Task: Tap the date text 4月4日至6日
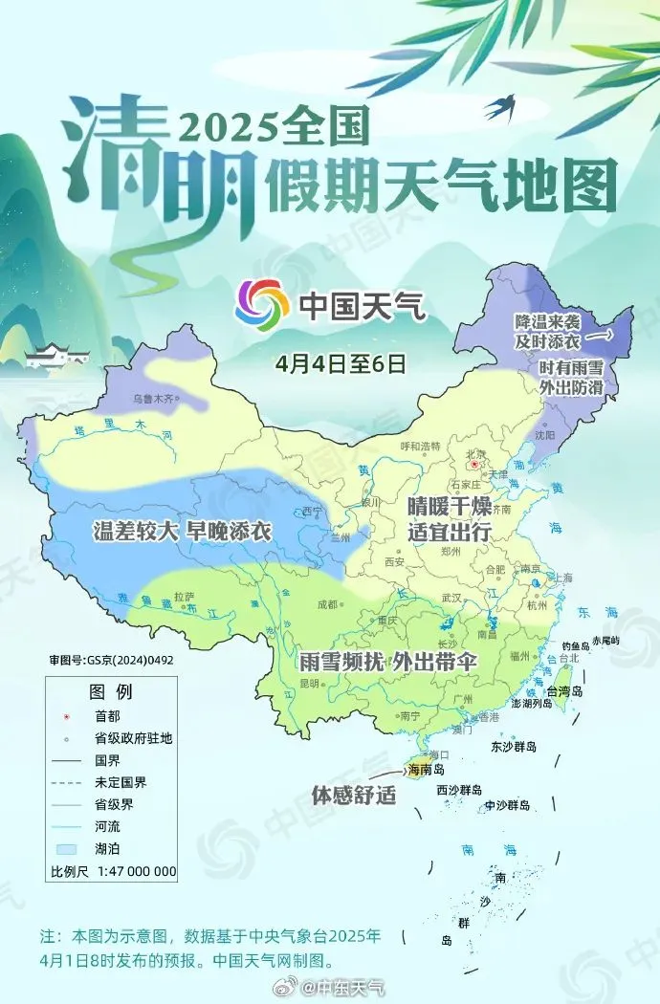tap(341, 363)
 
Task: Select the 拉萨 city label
tap(184, 596)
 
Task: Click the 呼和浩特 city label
tap(420, 446)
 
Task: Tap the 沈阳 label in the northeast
tap(544, 434)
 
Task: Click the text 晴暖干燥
tap(449, 506)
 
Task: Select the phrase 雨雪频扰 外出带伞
tap(386, 661)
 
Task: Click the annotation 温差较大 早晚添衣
tap(182, 532)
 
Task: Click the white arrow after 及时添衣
tap(599, 337)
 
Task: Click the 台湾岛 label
tap(563, 691)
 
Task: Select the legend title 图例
tap(111, 691)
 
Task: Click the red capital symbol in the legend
tap(65, 714)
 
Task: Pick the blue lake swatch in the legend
tap(65, 848)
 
